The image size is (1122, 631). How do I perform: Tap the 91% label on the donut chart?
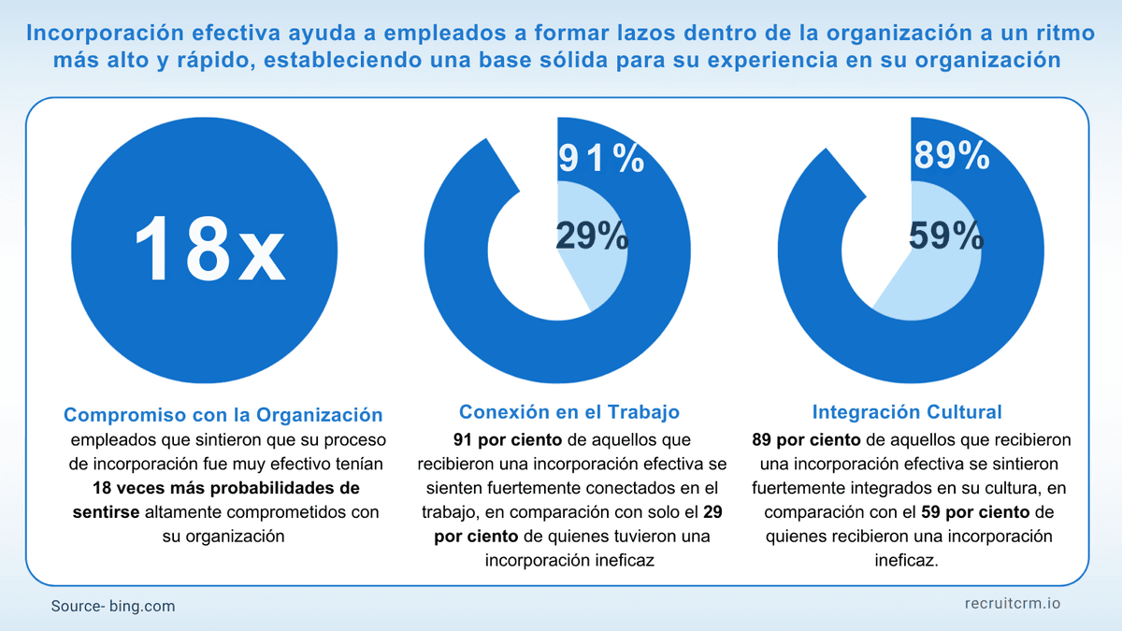pos(600,158)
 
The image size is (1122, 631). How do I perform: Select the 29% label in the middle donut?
pos(591,237)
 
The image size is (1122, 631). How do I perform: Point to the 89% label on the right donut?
pos(951,156)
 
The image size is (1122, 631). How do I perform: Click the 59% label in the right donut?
pos(945,237)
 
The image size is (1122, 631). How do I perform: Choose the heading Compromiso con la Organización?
pos(223,414)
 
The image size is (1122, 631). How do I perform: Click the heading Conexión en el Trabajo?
pos(568,411)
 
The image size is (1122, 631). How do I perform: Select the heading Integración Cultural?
pos(907,411)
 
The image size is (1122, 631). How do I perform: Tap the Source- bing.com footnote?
pos(113,606)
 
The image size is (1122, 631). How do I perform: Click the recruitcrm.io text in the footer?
pos(1012,604)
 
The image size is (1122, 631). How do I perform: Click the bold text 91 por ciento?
pos(508,439)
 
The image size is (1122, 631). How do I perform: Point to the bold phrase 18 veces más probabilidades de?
pos(225,488)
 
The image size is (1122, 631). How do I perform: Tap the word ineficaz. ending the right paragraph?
pos(906,561)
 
